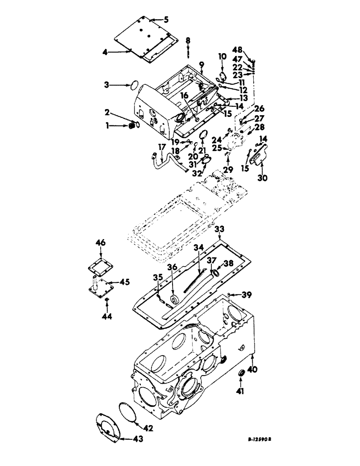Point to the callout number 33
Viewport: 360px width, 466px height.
point(220,230)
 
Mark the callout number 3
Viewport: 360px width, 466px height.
point(107,85)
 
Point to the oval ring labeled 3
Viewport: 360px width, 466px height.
point(133,85)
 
